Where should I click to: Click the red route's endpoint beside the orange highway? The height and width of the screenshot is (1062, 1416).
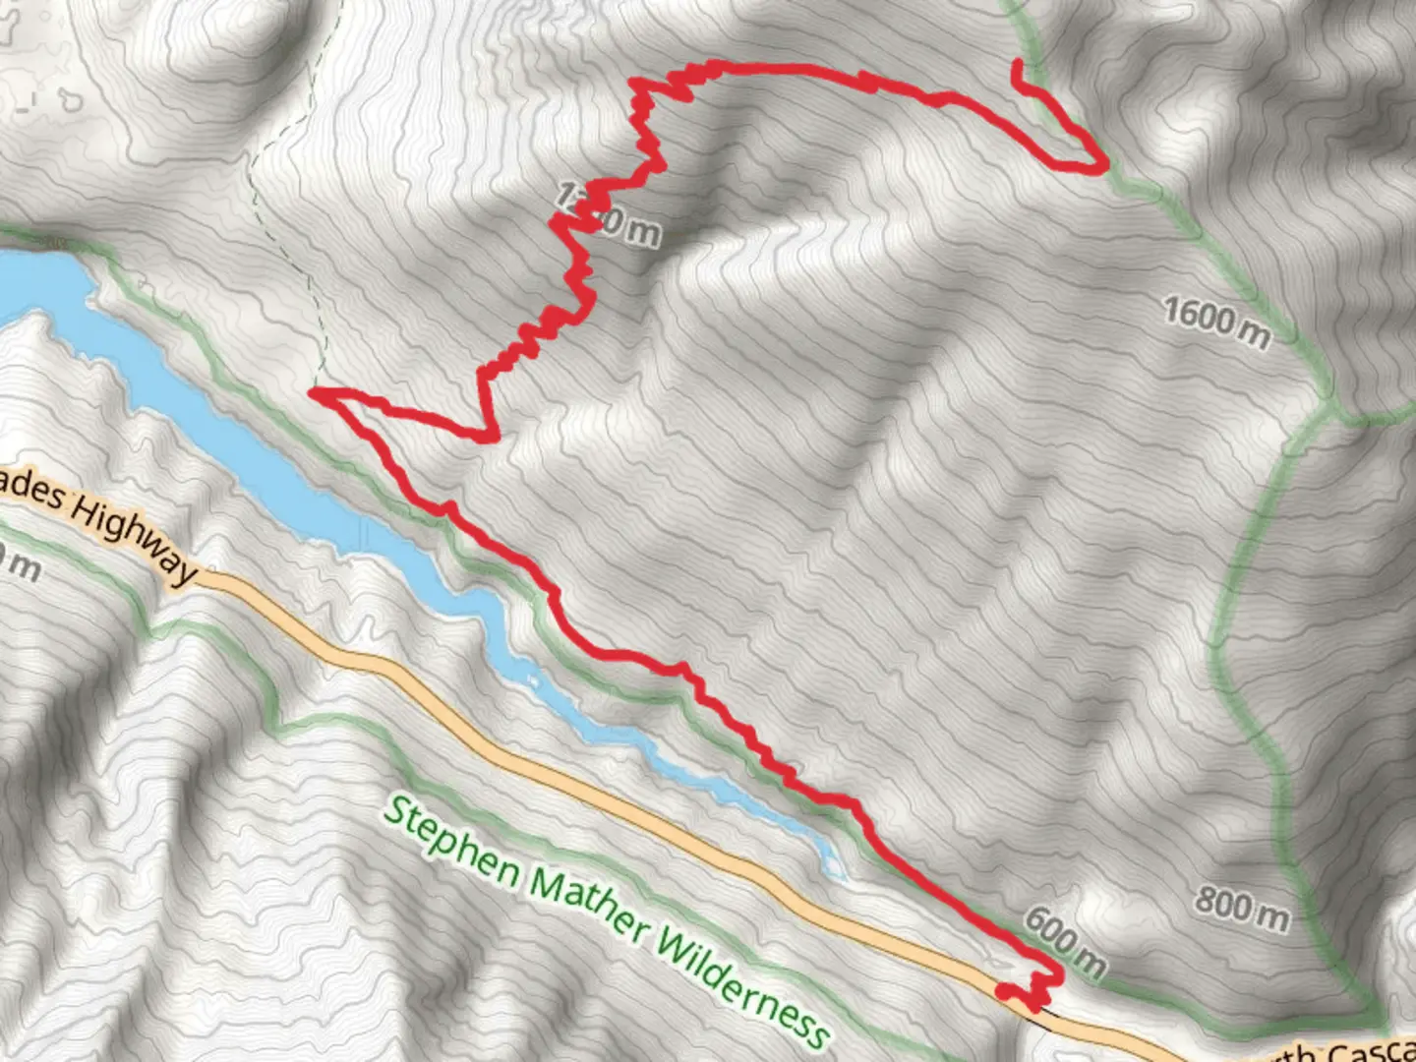(1002, 991)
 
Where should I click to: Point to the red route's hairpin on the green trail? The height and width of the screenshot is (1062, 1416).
(1099, 167)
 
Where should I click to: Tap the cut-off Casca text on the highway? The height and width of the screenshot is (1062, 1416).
(1367, 1050)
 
